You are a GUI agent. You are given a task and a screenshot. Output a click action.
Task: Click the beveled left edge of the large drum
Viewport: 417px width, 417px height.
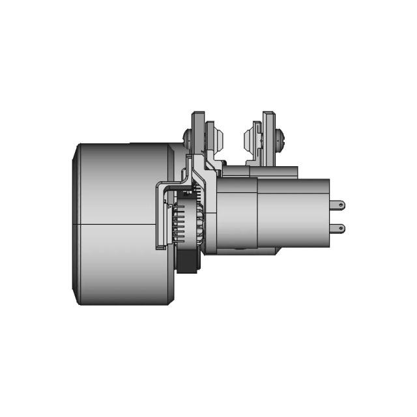pyautogui.click(x=74, y=224)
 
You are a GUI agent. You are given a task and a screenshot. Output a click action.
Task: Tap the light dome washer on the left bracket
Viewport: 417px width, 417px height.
pyautogui.click(x=219, y=138)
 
